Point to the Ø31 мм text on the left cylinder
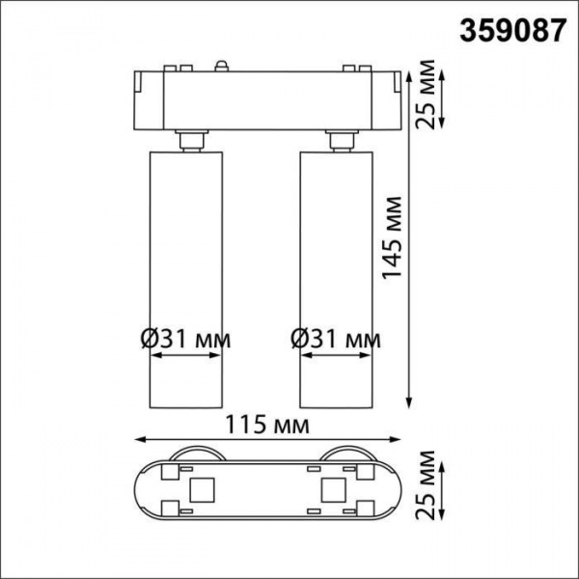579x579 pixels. (185, 339)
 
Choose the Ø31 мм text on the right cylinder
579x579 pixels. (336, 339)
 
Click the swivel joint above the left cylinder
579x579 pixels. (190, 141)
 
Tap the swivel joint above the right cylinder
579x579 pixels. (340, 141)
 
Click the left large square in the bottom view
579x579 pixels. (202, 489)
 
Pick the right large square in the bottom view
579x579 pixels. (335, 489)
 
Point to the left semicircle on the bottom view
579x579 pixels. (198, 455)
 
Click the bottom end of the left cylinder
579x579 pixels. (185, 403)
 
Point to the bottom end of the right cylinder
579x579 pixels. (336, 403)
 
